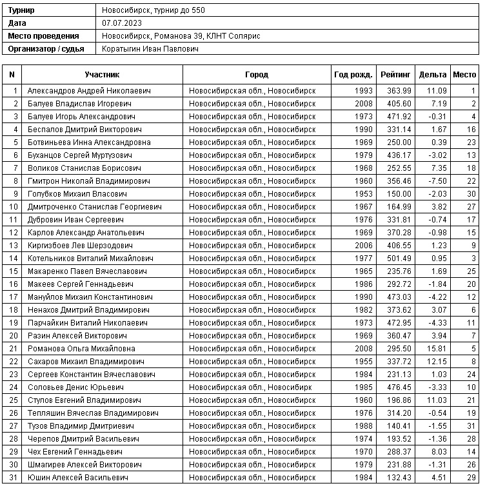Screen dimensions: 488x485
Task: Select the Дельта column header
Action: (432, 75)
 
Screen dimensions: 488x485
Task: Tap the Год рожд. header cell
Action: (353, 75)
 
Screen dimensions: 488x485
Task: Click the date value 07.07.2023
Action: (122, 23)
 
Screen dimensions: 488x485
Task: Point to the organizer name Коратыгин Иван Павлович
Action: (150, 49)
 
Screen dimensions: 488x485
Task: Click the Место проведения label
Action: (44, 36)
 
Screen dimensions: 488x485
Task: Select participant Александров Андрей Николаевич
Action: (89, 91)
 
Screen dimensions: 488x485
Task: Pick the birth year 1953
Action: (363, 194)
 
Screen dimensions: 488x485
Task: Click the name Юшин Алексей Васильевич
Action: (77, 478)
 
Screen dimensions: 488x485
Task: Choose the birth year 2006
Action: (363, 246)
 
